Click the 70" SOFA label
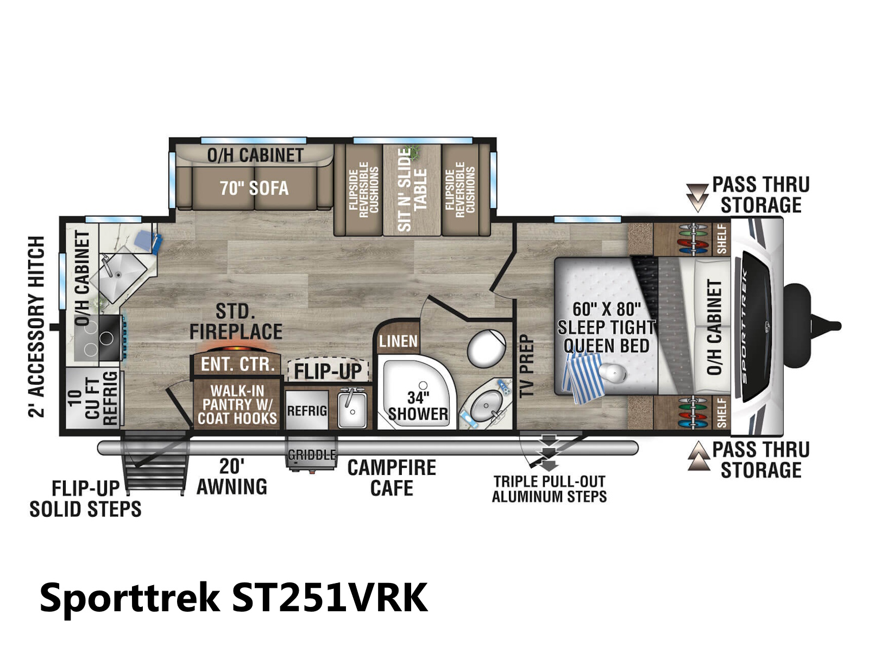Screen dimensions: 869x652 [254, 188]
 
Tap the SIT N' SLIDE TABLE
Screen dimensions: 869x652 [412, 190]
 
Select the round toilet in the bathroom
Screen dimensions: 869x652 [486, 348]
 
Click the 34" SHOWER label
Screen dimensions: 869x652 [418, 406]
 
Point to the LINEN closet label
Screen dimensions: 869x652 [398, 341]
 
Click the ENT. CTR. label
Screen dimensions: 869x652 [237, 364]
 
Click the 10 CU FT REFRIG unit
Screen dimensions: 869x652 [93, 398]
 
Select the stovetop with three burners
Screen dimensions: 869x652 [98, 338]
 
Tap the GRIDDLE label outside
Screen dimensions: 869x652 [312, 454]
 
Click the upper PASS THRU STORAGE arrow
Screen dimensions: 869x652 [697, 197]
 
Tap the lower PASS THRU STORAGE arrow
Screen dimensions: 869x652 [698, 456]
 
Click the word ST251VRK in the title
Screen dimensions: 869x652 [330, 598]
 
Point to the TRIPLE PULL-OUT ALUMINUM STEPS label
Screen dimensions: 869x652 [549, 489]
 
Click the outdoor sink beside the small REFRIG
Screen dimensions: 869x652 [352, 410]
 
